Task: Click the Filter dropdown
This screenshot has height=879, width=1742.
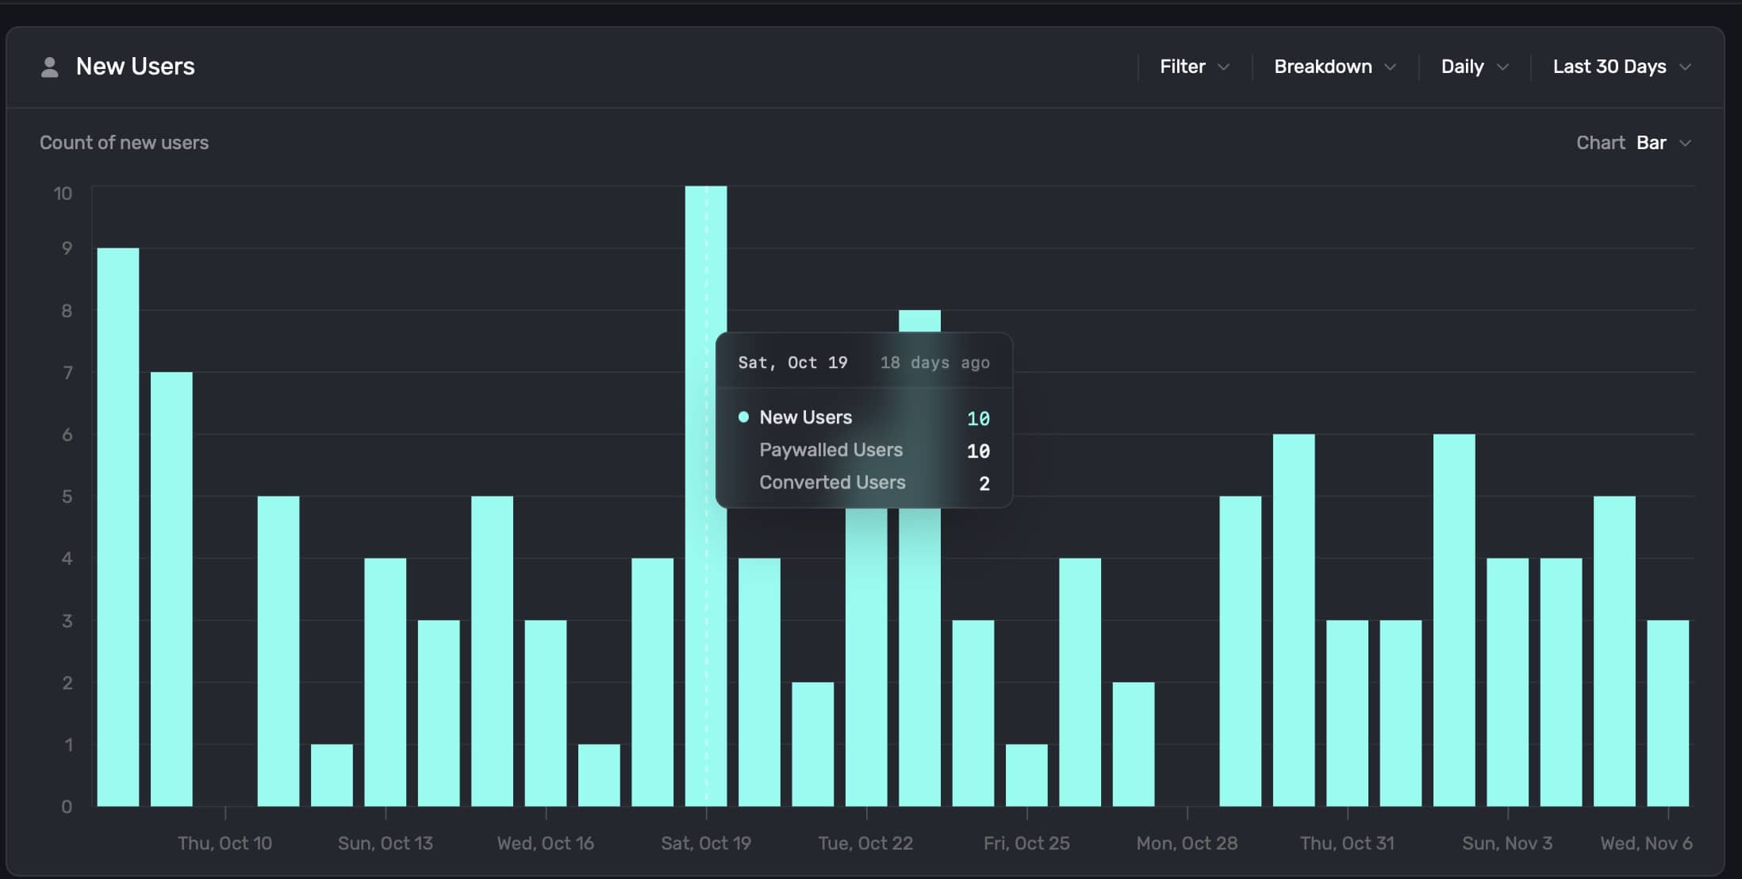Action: click(1194, 67)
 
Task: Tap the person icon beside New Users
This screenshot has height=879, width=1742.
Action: click(49, 67)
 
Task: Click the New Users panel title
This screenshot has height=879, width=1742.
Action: click(135, 67)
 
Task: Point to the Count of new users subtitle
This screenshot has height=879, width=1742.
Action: click(124, 143)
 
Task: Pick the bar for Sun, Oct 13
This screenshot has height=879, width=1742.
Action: click(386, 682)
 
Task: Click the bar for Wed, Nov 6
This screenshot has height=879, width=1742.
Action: click(1667, 713)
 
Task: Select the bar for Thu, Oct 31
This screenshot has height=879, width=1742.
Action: click(1347, 713)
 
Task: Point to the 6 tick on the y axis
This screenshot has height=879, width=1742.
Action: click(67, 435)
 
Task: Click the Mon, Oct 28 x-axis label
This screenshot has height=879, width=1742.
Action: click(1187, 843)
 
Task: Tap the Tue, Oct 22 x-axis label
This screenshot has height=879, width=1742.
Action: click(865, 843)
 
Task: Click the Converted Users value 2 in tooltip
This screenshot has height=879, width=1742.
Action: click(984, 483)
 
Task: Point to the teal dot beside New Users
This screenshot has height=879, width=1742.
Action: click(743, 417)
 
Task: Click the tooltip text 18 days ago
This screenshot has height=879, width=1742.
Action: click(934, 363)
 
